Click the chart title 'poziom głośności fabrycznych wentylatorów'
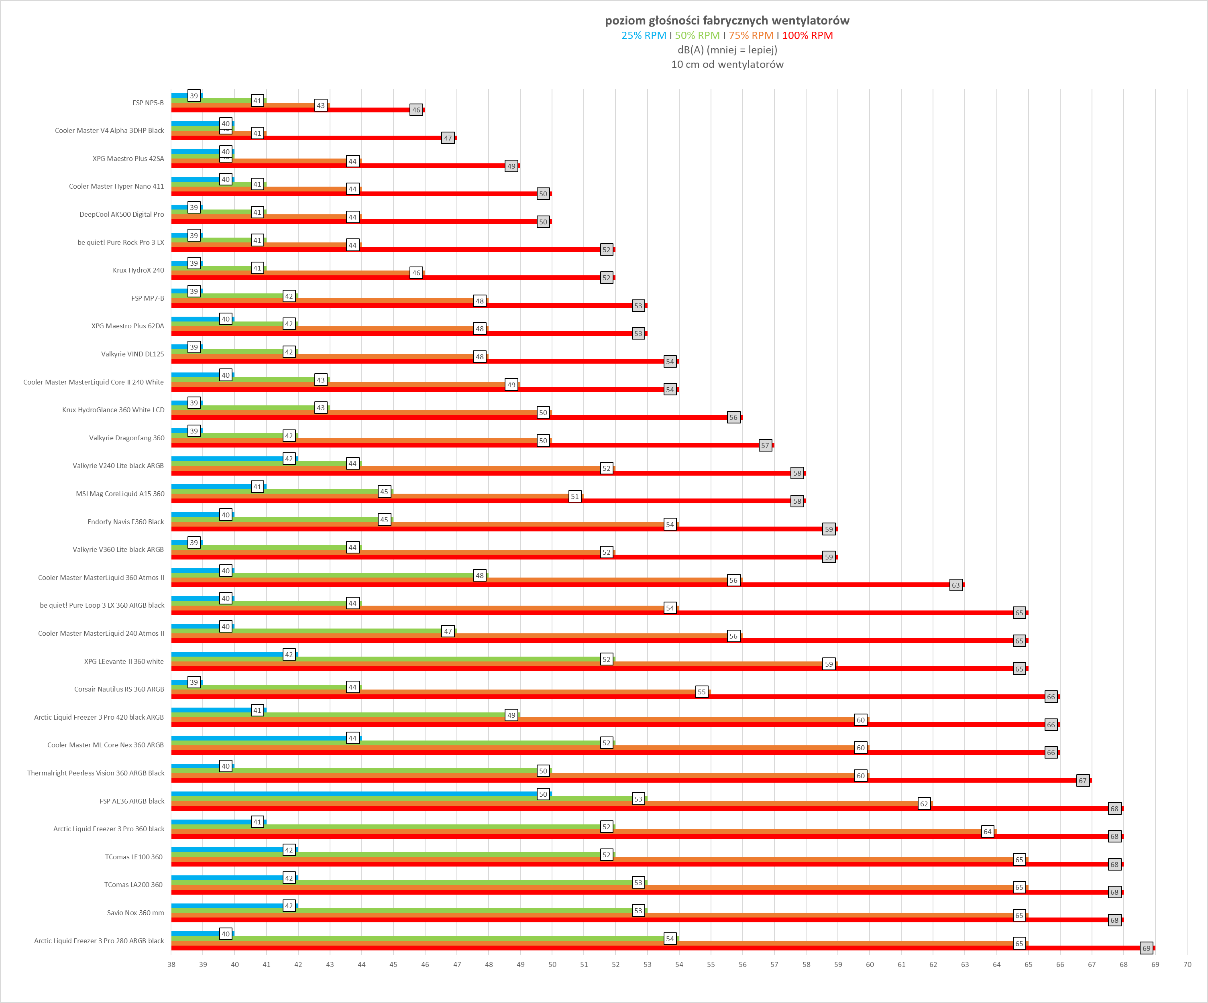click(727, 21)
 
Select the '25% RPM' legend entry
click(644, 36)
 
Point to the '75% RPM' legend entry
click(751, 36)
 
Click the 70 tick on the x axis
click(1187, 964)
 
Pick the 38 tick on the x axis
click(171, 964)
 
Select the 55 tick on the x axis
click(711, 964)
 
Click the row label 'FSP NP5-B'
click(148, 103)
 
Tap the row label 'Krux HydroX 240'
click(138, 270)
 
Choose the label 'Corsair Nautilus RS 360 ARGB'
click(119, 689)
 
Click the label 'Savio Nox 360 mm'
click(135, 913)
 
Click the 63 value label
click(955, 585)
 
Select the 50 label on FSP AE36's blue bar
click(543, 794)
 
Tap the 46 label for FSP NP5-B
click(416, 110)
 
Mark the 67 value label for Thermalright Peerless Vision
click(1083, 780)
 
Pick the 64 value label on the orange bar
click(987, 832)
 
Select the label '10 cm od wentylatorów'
click(727, 64)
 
